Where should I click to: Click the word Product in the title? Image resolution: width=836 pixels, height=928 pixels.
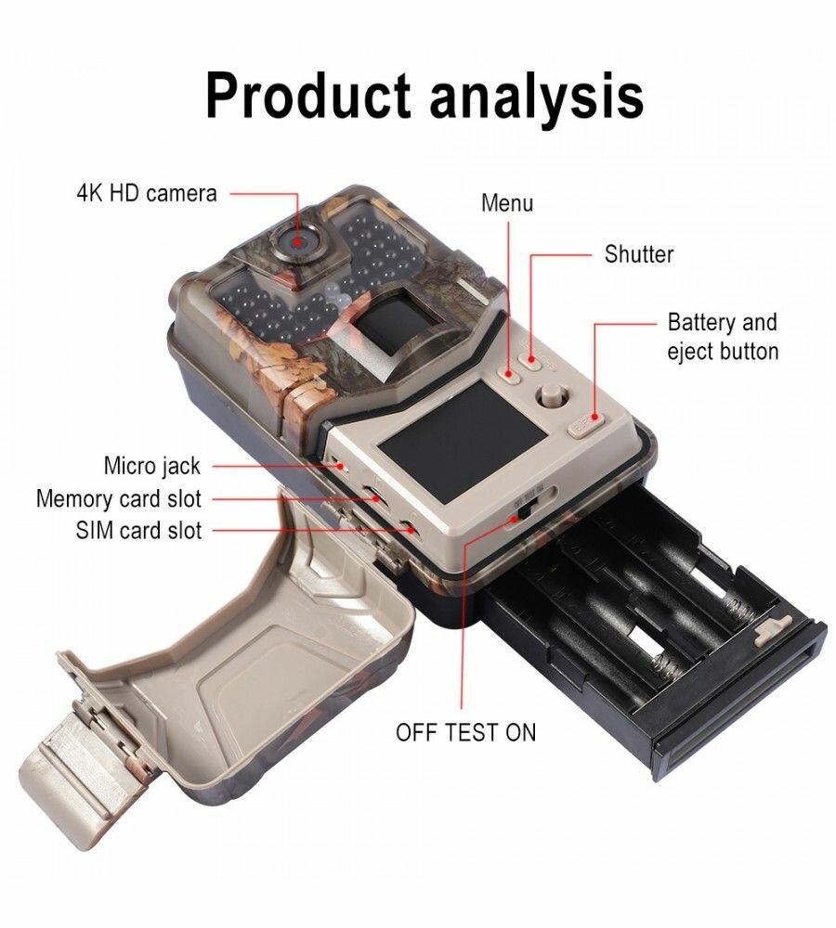(x=307, y=95)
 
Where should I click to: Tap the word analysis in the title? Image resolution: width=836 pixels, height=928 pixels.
(x=535, y=95)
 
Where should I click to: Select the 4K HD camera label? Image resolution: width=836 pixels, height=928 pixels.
(x=146, y=193)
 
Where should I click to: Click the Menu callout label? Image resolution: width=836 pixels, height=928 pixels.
(x=507, y=202)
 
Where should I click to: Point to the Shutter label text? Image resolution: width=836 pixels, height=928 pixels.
(x=639, y=253)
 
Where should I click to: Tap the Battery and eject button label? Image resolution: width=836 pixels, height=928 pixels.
(x=723, y=337)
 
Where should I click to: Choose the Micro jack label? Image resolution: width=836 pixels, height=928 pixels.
(x=151, y=465)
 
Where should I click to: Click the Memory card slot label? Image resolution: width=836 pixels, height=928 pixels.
(x=118, y=498)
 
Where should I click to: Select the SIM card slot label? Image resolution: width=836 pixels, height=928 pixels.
(x=138, y=531)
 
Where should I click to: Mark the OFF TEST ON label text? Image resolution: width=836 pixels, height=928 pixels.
(x=465, y=731)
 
